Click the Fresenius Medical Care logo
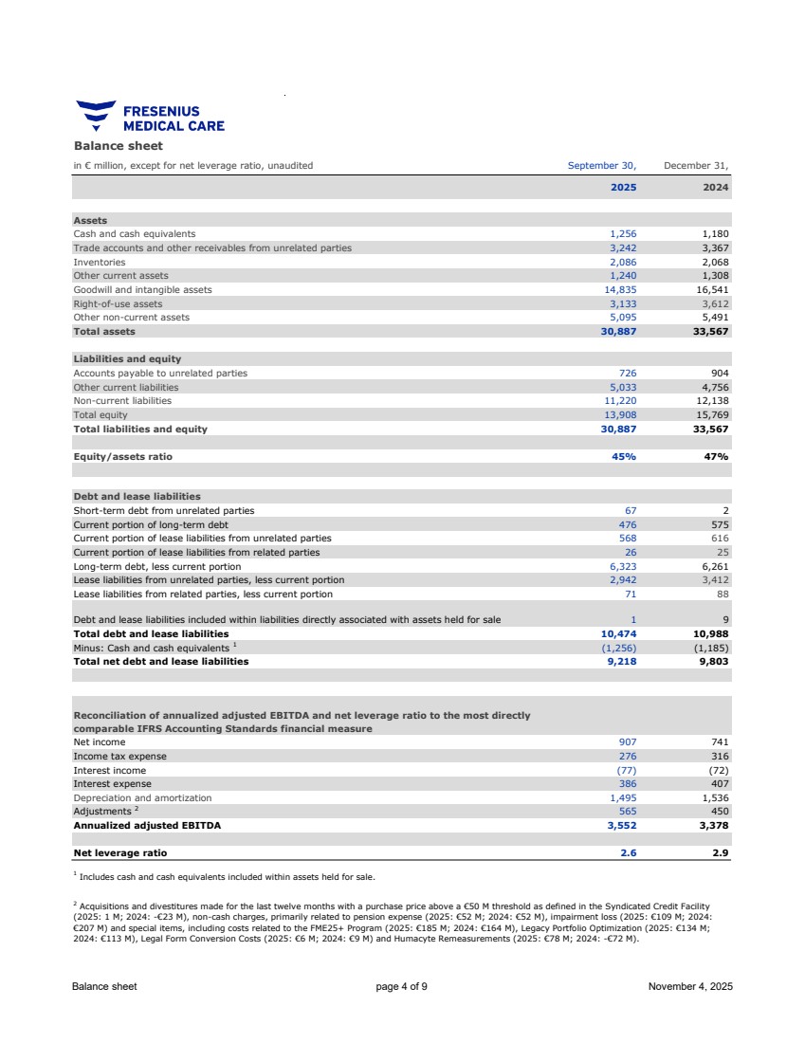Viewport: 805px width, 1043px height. (150, 117)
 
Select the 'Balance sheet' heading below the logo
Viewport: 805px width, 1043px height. (119, 146)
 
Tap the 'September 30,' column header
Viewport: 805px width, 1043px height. (602, 166)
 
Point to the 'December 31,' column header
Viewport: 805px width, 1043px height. (696, 166)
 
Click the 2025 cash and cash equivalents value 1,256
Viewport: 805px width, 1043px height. (622, 233)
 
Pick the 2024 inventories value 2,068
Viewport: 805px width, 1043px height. (713, 262)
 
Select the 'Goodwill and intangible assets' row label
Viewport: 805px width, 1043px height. (142, 289)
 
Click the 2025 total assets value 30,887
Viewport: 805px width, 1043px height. (618, 332)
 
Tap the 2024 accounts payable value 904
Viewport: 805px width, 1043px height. (719, 373)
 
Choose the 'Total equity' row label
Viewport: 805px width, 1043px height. (99, 415)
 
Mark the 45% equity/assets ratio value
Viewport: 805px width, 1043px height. (624, 456)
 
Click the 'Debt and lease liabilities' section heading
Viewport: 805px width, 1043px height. (137, 496)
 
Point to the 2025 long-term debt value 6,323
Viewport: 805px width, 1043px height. (622, 566)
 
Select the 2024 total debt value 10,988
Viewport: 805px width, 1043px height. (711, 633)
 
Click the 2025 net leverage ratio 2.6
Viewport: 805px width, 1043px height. (628, 853)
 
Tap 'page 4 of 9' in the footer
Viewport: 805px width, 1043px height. (401, 987)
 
